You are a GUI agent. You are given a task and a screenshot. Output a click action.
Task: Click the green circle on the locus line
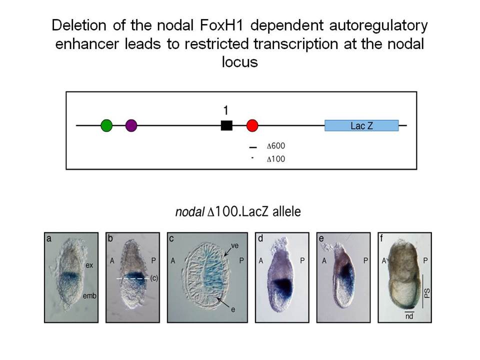106,125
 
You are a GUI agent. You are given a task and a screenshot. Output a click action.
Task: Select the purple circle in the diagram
131,125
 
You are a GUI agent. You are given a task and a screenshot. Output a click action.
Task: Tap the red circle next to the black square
252,125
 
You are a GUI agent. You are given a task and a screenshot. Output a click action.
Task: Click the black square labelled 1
226,125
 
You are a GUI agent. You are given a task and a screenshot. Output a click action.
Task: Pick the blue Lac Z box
361,125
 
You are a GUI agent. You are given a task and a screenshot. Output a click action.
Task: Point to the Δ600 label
276,146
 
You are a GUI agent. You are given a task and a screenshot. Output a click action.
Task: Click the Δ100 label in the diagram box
276,159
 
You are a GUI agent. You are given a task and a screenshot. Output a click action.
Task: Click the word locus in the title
239,62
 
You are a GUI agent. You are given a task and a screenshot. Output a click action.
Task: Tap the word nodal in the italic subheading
190,211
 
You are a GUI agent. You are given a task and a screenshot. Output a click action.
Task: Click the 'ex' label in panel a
89,265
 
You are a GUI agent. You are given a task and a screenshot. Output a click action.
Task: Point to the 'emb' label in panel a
89,295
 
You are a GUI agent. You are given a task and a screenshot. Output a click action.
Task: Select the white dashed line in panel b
133,278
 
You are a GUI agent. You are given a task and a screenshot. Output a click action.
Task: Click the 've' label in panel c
235,245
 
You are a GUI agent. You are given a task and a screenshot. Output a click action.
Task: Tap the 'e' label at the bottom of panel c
233,309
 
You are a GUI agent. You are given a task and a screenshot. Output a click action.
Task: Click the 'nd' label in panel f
409,316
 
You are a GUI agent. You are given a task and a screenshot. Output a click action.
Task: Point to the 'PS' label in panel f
427,293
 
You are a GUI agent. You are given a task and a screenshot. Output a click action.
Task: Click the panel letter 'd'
260,238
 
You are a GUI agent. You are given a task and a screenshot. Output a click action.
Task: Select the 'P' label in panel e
365,260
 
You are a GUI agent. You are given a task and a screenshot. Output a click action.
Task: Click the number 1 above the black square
226,110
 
